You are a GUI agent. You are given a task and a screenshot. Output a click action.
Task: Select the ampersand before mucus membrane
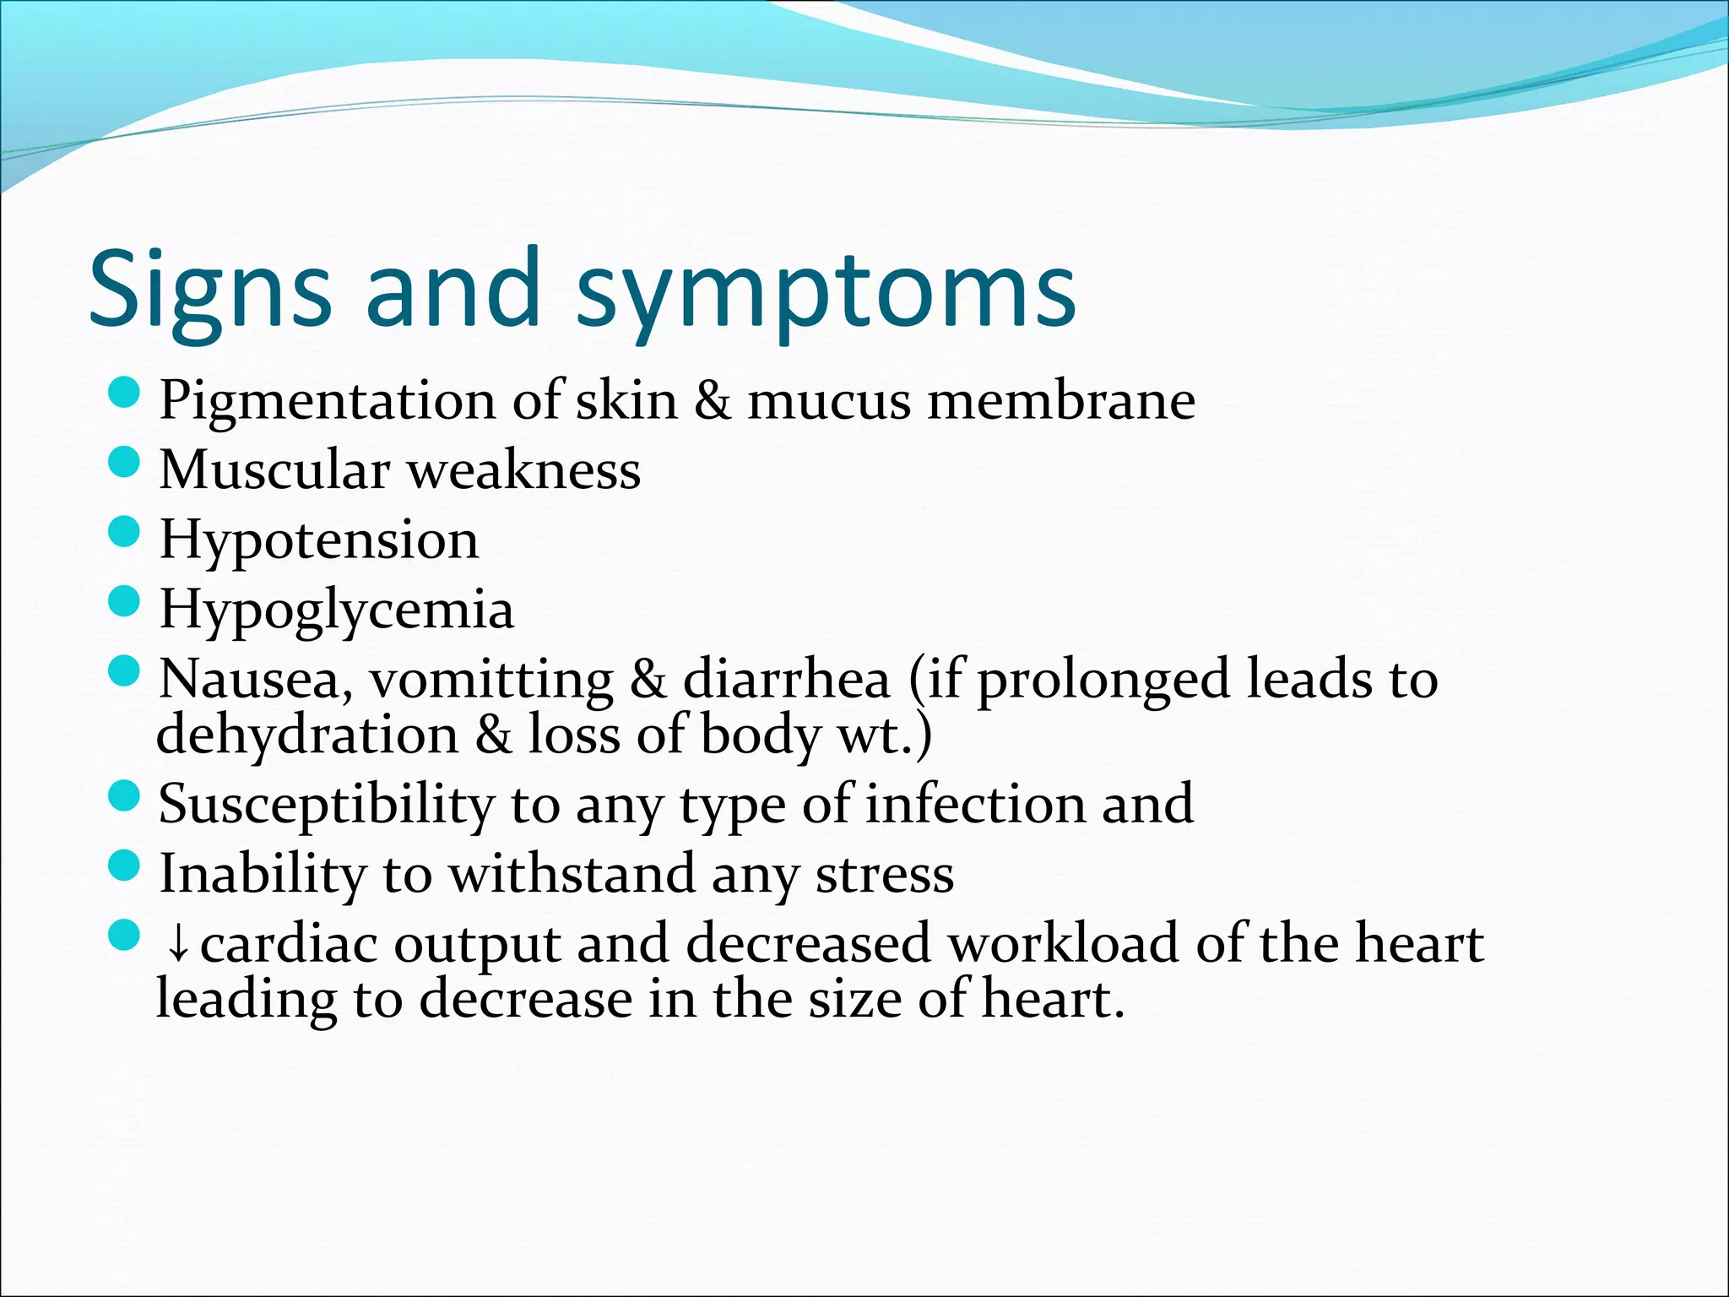click(x=713, y=400)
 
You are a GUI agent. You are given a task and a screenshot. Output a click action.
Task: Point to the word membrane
click(x=1061, y=400)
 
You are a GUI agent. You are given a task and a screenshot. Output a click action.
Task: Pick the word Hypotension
click(x=319, y=540)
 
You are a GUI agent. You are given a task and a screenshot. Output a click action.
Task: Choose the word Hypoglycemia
click(x=336, y=610)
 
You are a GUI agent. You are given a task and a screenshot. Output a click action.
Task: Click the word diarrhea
click(x=786, y=680)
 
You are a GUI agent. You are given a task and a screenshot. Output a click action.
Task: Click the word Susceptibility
click(x=326, y=805)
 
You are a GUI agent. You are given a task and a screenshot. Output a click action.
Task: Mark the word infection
click(x=975, y=804)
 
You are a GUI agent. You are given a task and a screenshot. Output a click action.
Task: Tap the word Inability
click(x=263, y=874)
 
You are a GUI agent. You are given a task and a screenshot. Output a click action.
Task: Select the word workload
click(x=1063, y=943)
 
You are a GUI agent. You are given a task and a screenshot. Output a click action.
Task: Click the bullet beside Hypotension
click(x=124, y=533)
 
